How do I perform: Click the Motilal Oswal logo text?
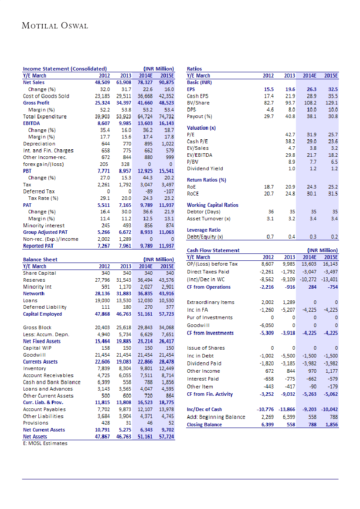pos(55,26)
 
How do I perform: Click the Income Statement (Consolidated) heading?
pos(65,69)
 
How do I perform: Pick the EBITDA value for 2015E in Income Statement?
pos(166,123)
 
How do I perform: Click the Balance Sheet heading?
pos(40,260)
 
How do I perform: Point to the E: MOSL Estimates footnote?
pos(45,443)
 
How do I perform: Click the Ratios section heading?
pos(194,69)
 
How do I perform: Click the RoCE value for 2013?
pos(289,193)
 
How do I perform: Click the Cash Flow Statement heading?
pos(213,250)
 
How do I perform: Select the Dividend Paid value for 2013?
pos(289,364)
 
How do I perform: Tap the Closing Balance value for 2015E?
pos(331,425)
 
